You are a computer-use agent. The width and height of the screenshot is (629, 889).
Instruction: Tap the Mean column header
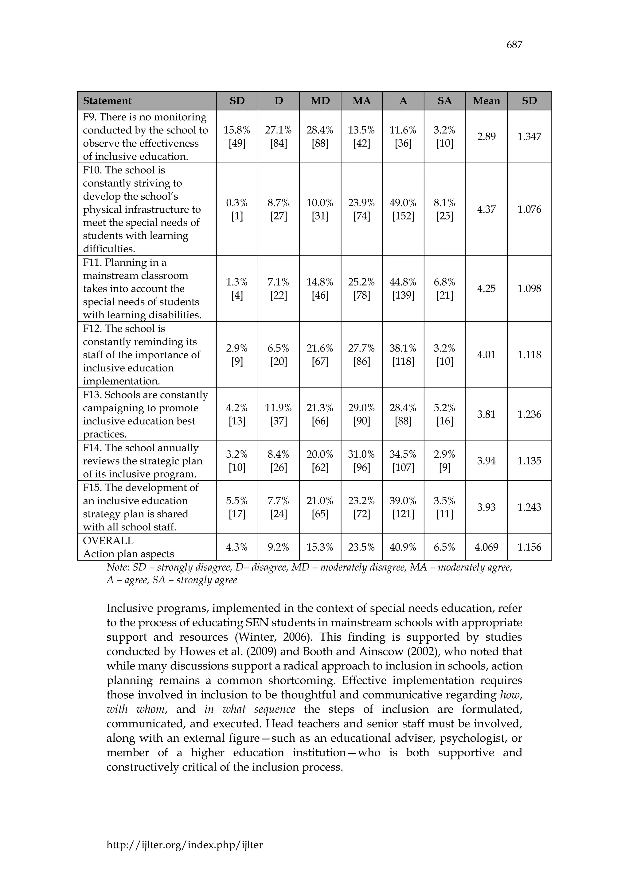486,101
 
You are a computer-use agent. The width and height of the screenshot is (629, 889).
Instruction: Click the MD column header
320,101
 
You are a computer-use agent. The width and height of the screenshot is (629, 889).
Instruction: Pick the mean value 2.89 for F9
486,137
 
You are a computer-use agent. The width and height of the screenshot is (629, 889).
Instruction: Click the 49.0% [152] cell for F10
403,209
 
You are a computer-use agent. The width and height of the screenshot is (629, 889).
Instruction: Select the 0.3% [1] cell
237,209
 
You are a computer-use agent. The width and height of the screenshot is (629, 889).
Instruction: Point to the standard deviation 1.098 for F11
529,289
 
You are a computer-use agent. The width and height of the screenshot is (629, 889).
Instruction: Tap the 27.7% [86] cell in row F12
361,355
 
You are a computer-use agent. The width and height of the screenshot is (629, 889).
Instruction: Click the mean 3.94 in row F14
486,461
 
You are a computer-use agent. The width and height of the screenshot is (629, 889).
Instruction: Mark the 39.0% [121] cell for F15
403,507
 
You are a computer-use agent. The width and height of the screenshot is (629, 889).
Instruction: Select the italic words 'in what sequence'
250,709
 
